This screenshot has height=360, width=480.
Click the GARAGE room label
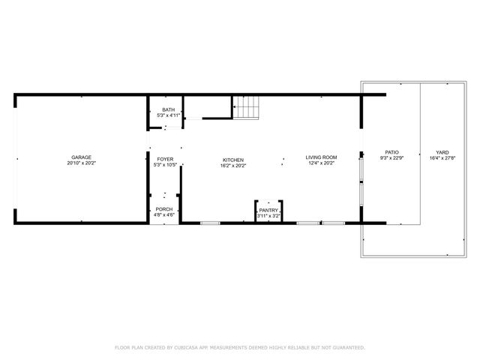(x=82, y=157)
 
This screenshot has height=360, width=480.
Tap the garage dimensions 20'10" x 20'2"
(x=82, y=163)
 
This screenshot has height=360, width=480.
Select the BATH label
(x=168, y=109)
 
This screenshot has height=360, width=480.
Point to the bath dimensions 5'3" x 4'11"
(x=168, y=115)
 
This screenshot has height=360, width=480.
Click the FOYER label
(x=165, y=160)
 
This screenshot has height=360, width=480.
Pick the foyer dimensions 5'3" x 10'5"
(x=165, y=165)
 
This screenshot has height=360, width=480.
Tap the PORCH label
(x=164, y=209)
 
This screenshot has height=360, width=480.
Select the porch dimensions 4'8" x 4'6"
(x=164, y=215)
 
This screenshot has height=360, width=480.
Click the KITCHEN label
(x=233, y=160)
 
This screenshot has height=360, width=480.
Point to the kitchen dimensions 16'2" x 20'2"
(x=233, y=165)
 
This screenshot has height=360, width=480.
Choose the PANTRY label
(x=268, y=210)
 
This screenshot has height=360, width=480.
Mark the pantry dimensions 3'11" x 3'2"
(x=268, y=216)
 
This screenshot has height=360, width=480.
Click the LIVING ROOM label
(x=321, y=157)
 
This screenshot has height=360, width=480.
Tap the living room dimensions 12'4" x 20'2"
(x=321, y=163)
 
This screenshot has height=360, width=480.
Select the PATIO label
(x=391, y=152)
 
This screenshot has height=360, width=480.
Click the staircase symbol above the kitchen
(x=247, y=109)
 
